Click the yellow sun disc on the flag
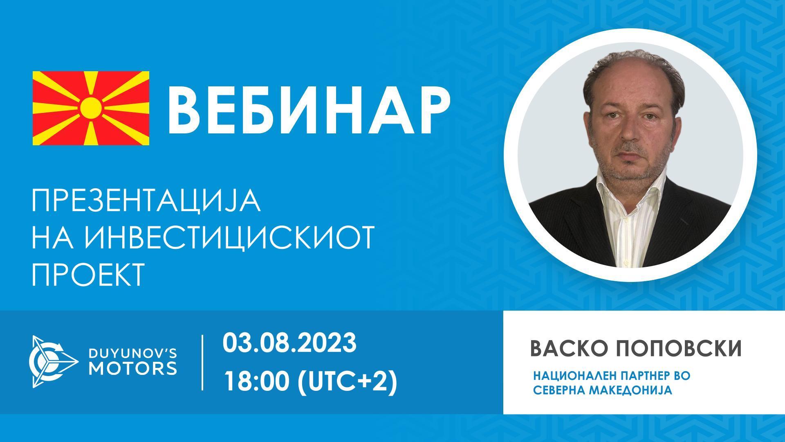[90, 108]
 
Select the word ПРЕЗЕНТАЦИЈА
[146, 201]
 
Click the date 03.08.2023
[289, 343]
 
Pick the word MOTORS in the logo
[133, 368]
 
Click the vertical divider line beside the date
[203, 362]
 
